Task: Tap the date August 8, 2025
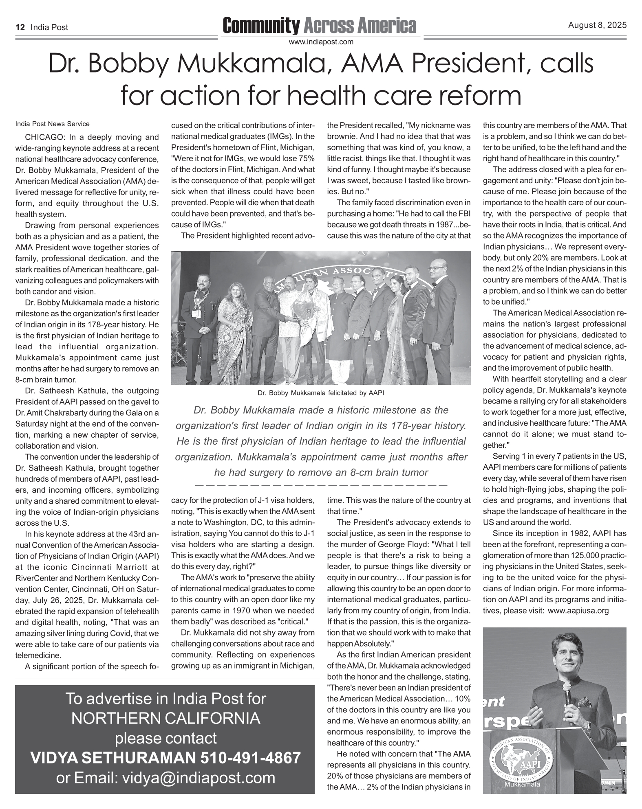tap(597, 25)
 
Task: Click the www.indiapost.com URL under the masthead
tap(321, 42)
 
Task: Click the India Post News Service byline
tap(52, 124)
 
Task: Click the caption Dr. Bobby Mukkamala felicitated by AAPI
tap(321, 393)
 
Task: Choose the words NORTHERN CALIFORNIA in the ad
tap(165, 718)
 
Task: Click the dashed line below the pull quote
tap(321, 485)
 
